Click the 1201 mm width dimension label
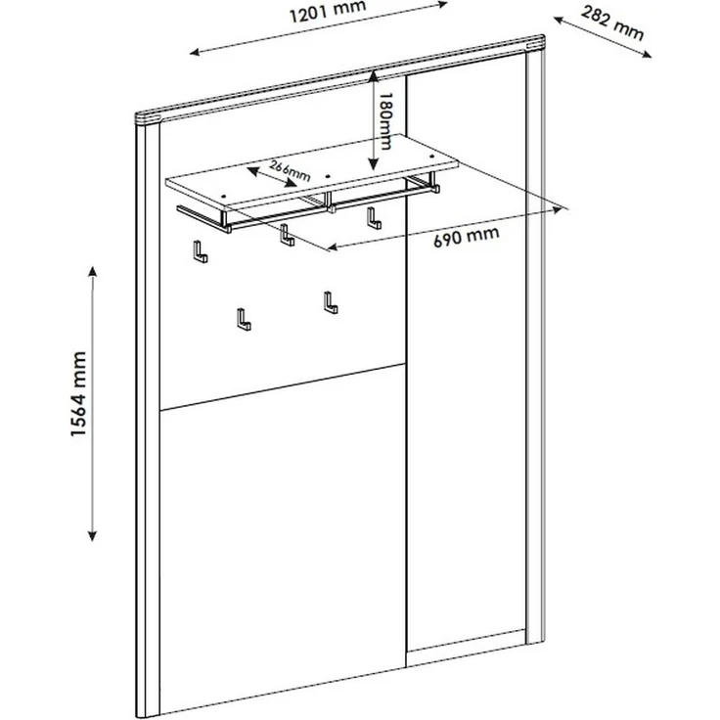pyautogui.click(x=328, y=12)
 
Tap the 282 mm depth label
pyautogui.click(x=612, y=22)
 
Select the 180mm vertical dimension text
pyautogui.click(x=384, y=121)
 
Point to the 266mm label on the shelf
pyautogui.click(x=290, y=171)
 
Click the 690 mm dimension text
pyautogui.click(x=467, y=236)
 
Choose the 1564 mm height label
pyautogui.click(x=78, y=394)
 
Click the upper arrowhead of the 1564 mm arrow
pyautogui.click(x=93, y=271)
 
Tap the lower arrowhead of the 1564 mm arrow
pyautogui.click(x=92, y=535)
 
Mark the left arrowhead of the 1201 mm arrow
pyautogui.click(x=195, y=53)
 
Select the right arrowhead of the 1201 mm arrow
pyautogui.click(x=442, y=4)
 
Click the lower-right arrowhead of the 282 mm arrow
pyautogui.click(x=647, y=55)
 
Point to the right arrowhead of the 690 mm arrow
pyautogui.click(x=558, y=210)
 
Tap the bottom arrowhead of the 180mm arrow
pyautogui.click(x=374, y=164)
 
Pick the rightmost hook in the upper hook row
pyautogui.click(x=374, y=217)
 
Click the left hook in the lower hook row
pyautogui.click(x=244, y=320)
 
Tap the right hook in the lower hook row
pyautogui.click(x=331, y=302)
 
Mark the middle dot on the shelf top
pyautogui.click(x=328, y=175)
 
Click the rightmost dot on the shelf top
pyautogui.click(x=431, y=157)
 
